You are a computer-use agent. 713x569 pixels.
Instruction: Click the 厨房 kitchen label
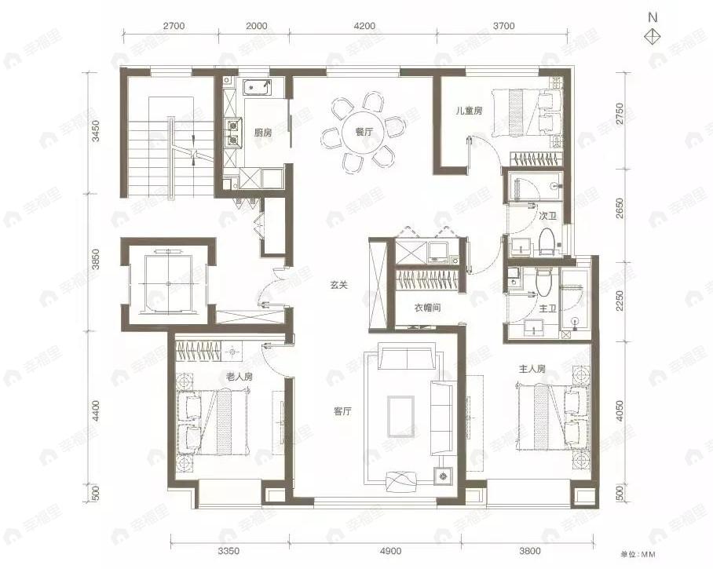[x=263, y=133]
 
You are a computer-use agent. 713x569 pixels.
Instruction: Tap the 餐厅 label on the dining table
[x=364, y=132]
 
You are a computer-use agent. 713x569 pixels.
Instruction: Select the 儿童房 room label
[x=470, y=111]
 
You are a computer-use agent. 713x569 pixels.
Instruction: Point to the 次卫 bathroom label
[x=548, y=215]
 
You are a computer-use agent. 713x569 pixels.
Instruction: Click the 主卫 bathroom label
[x=548, y=309]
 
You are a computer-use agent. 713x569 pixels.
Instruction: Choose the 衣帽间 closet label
[x=427, y=308]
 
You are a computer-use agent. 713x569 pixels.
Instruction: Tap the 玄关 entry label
[x=339, y=286]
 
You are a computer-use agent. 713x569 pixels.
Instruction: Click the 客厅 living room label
[x=343, y=412]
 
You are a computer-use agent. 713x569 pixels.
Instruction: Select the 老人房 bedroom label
[x=239, y=376]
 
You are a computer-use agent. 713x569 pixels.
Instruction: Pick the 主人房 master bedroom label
[x=532, y=369]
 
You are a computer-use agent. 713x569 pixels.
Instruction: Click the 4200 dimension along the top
[x=364, y=26]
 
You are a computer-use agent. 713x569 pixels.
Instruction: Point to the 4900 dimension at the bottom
[x=390, y=551]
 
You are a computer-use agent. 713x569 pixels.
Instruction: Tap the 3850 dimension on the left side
[x=96, y=259]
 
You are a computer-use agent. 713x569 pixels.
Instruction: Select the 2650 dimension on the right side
[x=620, y=208]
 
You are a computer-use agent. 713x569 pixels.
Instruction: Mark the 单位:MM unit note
[x=638, y=554]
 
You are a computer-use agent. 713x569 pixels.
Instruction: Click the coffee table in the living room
[x=400, y=416]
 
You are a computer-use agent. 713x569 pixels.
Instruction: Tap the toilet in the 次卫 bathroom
[x=546, y=241]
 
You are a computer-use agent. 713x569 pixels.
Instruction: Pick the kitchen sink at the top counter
[x=257, y=87]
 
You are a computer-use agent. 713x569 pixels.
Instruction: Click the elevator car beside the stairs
[x=168, y=283]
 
